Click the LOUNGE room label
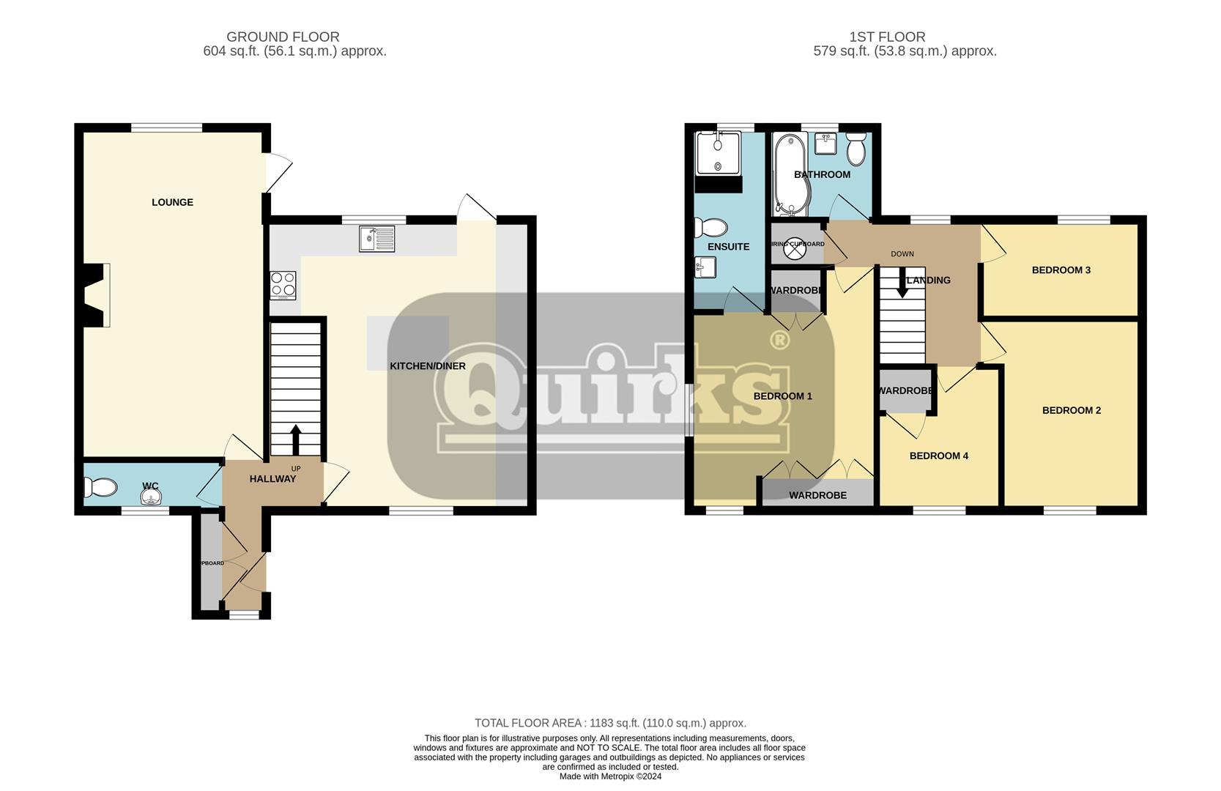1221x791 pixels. point(172,202)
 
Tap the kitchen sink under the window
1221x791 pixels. point(376,239)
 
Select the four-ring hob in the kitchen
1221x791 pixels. point(283,285)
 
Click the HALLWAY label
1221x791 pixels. point(272,479)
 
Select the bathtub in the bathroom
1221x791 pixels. point(789,174)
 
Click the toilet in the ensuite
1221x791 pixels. point(710,228)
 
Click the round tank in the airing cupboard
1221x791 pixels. point(794,250)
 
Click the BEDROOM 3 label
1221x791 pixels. point(1061,270)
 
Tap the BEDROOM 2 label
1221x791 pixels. point(1071,411)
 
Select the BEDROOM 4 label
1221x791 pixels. point(938,456)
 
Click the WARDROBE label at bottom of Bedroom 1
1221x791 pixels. point(817,496)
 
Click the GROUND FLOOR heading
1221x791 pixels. point(283,37)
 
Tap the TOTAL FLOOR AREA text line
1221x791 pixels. point(610,723)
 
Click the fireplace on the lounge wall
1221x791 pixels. point(95,294)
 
